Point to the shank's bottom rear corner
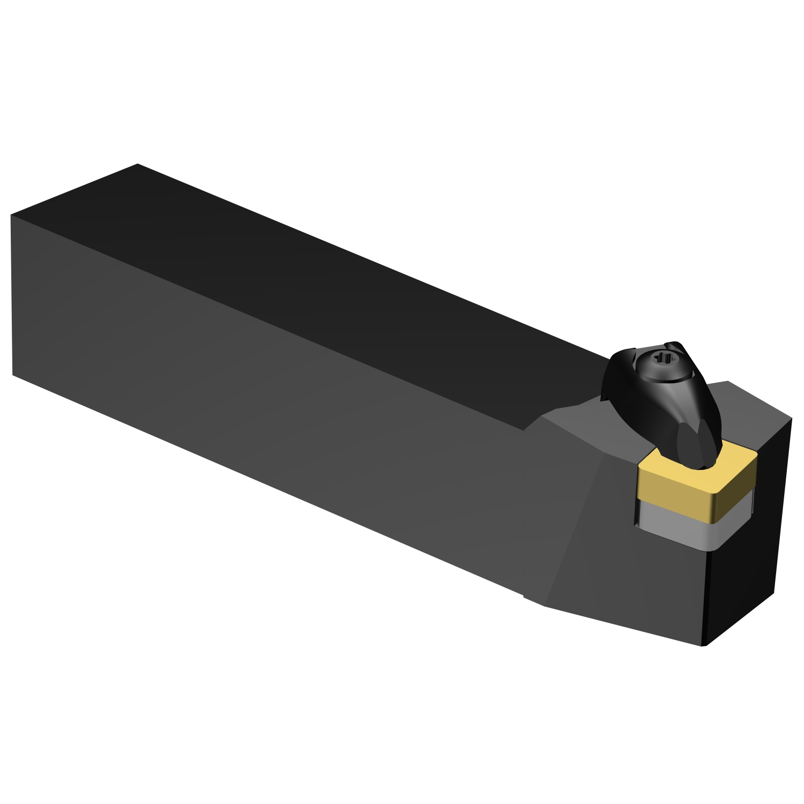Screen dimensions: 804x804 (13, 374)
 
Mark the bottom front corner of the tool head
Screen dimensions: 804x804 (703, 645)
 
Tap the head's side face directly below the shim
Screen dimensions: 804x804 (670, 590)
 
